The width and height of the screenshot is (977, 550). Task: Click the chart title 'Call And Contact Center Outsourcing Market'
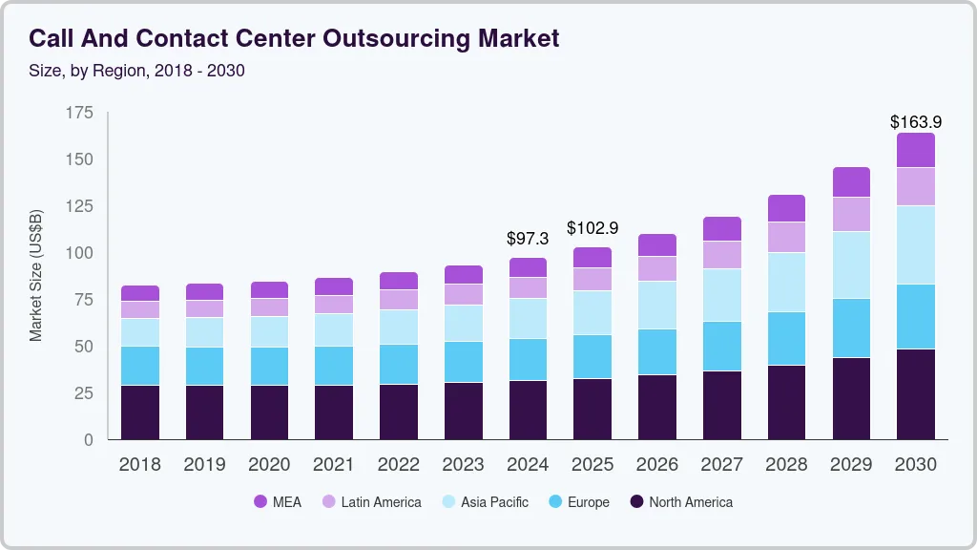coord(294,38)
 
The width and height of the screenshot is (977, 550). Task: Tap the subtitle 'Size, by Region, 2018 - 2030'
coord(136,71)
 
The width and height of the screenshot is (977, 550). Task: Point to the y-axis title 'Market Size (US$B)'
coord(36,275)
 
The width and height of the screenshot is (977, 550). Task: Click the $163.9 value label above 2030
coord(915,121)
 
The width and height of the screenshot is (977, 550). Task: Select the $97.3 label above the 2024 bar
coord(528,238)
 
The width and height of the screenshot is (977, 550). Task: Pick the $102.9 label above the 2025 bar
coord(592,228)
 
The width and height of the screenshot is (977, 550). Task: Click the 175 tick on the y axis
coord(80,113)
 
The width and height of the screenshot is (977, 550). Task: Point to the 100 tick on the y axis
coord(80,253)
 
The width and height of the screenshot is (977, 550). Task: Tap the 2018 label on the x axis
coord(140,465)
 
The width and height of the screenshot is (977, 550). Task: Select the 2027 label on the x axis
coord(721,465)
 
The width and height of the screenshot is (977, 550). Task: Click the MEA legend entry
coord(278,502)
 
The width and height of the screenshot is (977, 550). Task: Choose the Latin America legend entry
coord(371,502)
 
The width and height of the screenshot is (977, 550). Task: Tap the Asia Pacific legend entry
coord(485,502)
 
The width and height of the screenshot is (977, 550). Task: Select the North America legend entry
coord(681,502)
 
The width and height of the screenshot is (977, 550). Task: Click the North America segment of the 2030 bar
coord(915,393)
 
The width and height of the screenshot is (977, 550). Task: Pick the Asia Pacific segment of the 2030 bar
coord(915,244)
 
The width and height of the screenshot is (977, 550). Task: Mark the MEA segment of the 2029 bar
coord(851,182)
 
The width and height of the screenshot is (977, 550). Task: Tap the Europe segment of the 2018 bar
coord(140,366)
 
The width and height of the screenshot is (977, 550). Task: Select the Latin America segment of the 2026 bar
coord(657,268)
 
